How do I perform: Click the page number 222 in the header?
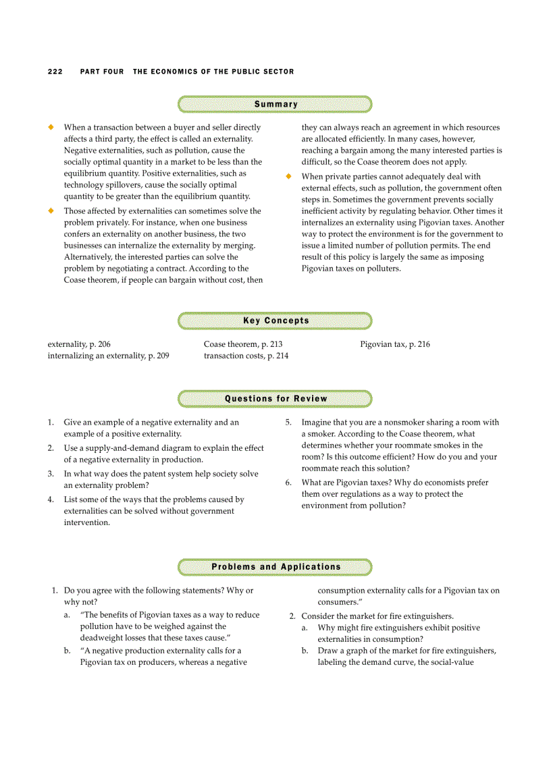(55, 72)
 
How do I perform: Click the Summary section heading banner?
(275, 105)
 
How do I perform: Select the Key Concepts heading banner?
(275, 321)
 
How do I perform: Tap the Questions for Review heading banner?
(275, 399)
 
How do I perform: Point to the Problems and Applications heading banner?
(275, 567)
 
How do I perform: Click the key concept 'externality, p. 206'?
(79, 344)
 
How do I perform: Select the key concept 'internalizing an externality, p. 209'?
(108, 356)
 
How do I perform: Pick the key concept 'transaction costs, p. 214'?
(246, 356)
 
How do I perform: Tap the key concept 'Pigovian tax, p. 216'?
(395, 344)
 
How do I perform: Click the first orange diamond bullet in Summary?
(50, 127)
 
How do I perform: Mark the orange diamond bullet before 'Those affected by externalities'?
(50, 211)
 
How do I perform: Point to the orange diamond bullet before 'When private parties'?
(288, 177)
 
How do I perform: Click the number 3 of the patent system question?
(51, 474)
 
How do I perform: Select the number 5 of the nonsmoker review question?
(288, 423)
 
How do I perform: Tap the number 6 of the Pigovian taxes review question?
(288, 483)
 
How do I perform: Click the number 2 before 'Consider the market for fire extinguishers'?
(292, 616)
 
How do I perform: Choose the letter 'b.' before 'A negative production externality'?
(68, 651)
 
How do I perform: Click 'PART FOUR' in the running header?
(102, 72)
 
